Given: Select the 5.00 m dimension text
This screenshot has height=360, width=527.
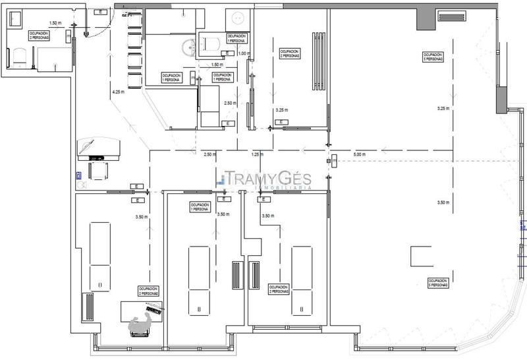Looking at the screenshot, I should (x=359, y=154).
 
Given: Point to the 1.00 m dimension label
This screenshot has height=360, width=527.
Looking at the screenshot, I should (x=244, y=53).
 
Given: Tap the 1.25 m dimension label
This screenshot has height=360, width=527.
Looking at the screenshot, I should (x=258, y=154).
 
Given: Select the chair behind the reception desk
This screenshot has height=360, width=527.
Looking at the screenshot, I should (x=97, y=171).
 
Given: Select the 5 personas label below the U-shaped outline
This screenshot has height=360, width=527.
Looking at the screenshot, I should (x=438, y=282).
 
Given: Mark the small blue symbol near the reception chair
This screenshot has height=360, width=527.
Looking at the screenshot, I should (x=78, y=175).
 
